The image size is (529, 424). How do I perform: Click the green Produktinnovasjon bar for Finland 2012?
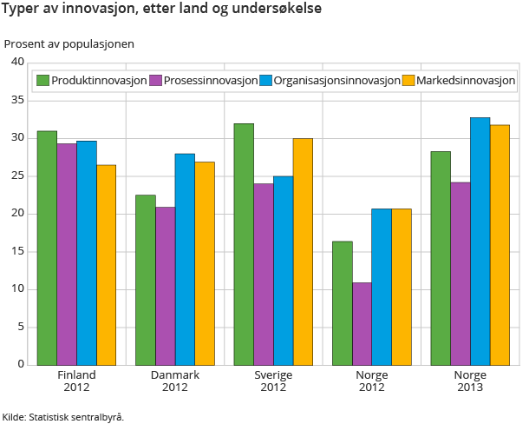(47, 248)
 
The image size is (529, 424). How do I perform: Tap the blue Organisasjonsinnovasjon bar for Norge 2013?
(480, 241)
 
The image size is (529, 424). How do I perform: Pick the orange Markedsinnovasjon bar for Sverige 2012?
(303, 251)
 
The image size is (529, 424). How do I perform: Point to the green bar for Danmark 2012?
(145, 280)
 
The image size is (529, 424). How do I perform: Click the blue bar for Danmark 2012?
(185, 259)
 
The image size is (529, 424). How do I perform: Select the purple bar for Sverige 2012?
(263, 274)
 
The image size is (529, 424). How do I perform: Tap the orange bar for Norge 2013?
(500, 244)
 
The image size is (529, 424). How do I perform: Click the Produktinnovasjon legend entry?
(91, 81)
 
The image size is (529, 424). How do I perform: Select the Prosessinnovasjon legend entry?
(203, 81)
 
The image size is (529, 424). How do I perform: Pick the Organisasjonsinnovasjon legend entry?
(330, 81)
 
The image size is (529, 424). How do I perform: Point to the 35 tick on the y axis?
(16, 100)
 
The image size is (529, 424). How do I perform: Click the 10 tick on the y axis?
(16, 289)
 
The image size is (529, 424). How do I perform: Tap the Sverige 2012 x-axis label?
(273, 381)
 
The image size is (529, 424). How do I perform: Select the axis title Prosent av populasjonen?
(69, 43)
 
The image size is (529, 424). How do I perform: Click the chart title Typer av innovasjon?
(161, 11)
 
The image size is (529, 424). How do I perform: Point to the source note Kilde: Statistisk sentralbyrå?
(62, 416)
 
